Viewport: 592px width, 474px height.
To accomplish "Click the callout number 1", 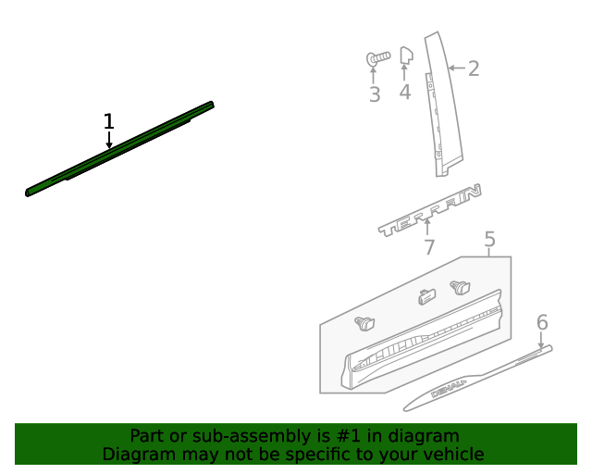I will pyautogui.click(x=109, y=121).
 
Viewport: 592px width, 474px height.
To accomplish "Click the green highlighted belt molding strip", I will pyautogui.click(x=120, y=149).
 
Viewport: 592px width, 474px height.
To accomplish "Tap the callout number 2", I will pyautogui.click(x=474, y=69).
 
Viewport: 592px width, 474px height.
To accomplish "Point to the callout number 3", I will pyautogui.click(x=374, y=94).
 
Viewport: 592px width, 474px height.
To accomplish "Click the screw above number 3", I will pyautogui.click(x=377, y=58).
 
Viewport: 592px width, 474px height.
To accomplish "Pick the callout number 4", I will pyautogui.click(x=405, y=92).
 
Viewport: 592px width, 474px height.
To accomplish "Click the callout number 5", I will pyautogui.click(x=489, y=241).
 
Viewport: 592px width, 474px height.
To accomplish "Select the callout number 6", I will pyautogui.click(x=542, y=322).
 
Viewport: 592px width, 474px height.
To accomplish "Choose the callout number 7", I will pyautogui.click(x=429, y=247).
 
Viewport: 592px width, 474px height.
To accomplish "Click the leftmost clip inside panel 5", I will pyautogui.click(x=366, y=323).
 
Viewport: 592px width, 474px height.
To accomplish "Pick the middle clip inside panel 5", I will pyautogui.click(x=426, y=297).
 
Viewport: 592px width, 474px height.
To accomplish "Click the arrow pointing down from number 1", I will pyautogui.click(x=109, y=140).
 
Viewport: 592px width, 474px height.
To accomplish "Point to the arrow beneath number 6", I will pyautogui.click(x=542, y=340).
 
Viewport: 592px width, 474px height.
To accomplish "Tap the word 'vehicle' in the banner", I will pyautogui.click(x=453, y=455).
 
